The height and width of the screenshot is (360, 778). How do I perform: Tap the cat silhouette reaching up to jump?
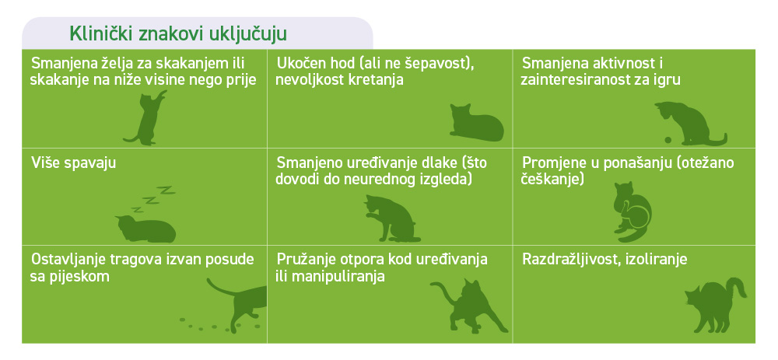tap(145, 118)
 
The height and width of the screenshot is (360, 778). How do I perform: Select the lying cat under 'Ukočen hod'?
tap(476, 122)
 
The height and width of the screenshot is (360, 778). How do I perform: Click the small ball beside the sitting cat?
tap(668, 140)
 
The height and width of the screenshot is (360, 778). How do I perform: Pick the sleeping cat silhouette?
tap(145, 229)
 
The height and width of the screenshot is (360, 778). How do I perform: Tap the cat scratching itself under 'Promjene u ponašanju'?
tap(632, 211)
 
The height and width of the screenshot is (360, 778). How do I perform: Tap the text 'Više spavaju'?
tap(73, 163)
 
